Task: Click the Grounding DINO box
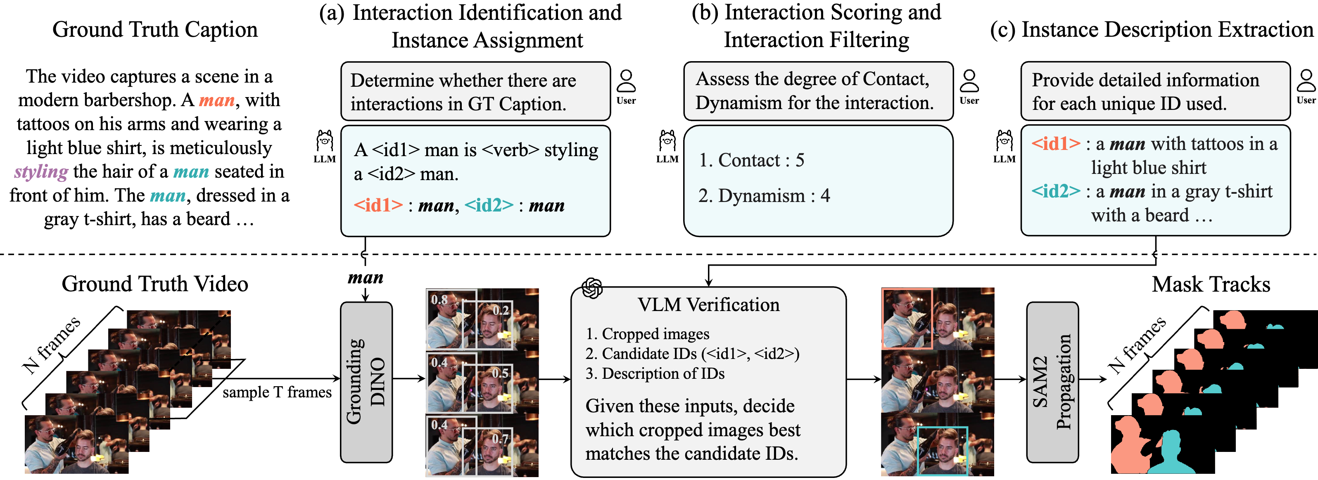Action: [x=366, y=381]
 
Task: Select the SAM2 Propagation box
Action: [x=1052, y=381]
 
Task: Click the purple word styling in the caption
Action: [x=41, y=171]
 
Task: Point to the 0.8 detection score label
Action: [x=439, y=300]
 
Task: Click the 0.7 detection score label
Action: [x=500, y=439]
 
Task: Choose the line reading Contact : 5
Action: [x=751, y=160]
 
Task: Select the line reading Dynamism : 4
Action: [x=764, y=195]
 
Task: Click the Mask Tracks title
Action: [x=1211, y=284]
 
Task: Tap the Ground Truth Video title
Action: [x=154, y=284]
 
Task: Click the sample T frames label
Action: [x=277, y=392]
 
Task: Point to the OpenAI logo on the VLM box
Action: [x=592, y=288]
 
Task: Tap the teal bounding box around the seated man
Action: [x=943, y=450]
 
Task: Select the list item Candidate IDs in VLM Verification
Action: [x=692, y=354]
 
